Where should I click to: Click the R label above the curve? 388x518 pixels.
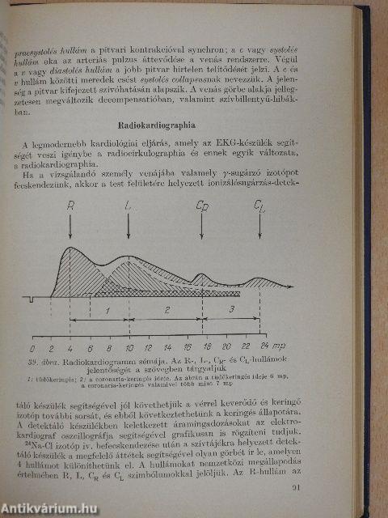[x=70, y=206]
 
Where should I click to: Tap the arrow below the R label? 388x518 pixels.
[x=70, y=227]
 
